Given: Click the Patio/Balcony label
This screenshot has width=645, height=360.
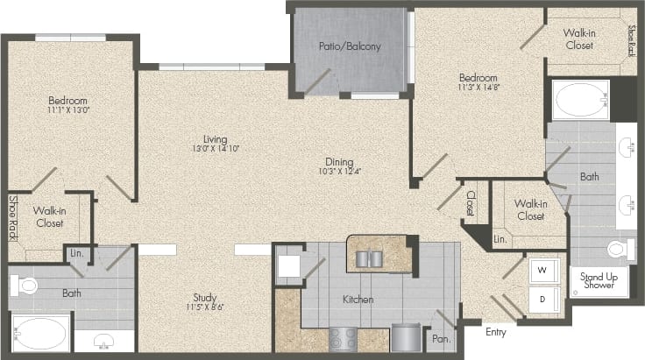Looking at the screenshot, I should click(351, 46).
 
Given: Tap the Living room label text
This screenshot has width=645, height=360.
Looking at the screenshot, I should click(215, 139).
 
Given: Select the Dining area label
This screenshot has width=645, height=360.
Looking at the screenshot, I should click(337, 161).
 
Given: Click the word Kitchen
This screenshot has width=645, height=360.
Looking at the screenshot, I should click(358, 300).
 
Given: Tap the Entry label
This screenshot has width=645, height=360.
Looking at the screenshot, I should click(496, 332).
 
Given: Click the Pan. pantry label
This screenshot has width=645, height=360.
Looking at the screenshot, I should click(439, 335).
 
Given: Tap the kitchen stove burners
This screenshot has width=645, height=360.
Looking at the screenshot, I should click(343, 337).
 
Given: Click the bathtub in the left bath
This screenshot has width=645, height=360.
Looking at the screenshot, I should click(37, 334).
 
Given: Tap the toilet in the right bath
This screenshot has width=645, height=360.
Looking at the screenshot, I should click(620, 249).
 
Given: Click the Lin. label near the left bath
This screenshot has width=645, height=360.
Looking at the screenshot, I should click(76, 254).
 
